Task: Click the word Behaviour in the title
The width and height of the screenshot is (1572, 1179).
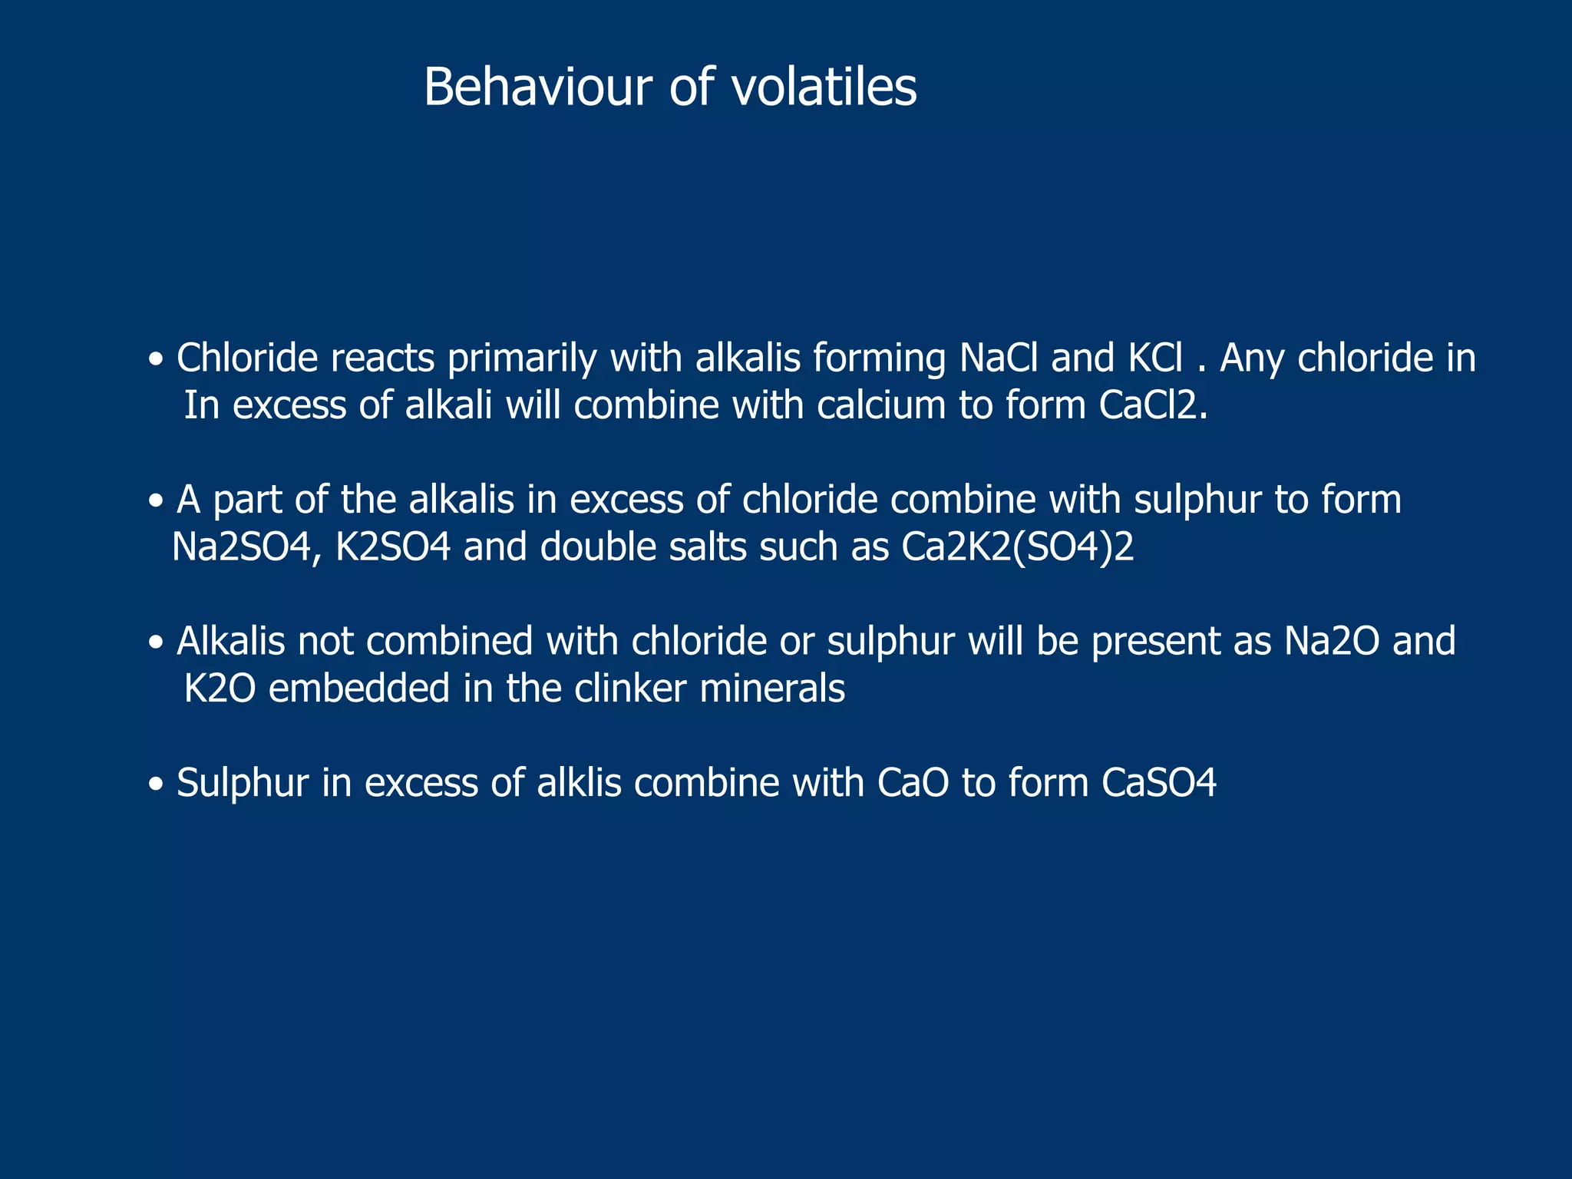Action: tap(537, 87)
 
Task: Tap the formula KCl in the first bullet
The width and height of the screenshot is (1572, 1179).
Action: tap(1156, 358)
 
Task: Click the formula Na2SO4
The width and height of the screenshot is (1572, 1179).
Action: tap(246, 547)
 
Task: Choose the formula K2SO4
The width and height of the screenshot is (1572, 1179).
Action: tap(393, 547)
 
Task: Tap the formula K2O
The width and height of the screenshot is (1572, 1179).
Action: tap(220, 689)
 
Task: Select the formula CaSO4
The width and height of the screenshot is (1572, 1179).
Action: tap(1159, 783)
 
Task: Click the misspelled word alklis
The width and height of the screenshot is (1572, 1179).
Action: tap(579, 783)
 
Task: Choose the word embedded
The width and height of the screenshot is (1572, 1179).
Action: tap(359, 689)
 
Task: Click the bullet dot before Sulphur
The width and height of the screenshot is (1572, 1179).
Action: tap(157, 785)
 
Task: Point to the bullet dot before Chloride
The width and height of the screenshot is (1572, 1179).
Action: tap(157, 360)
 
